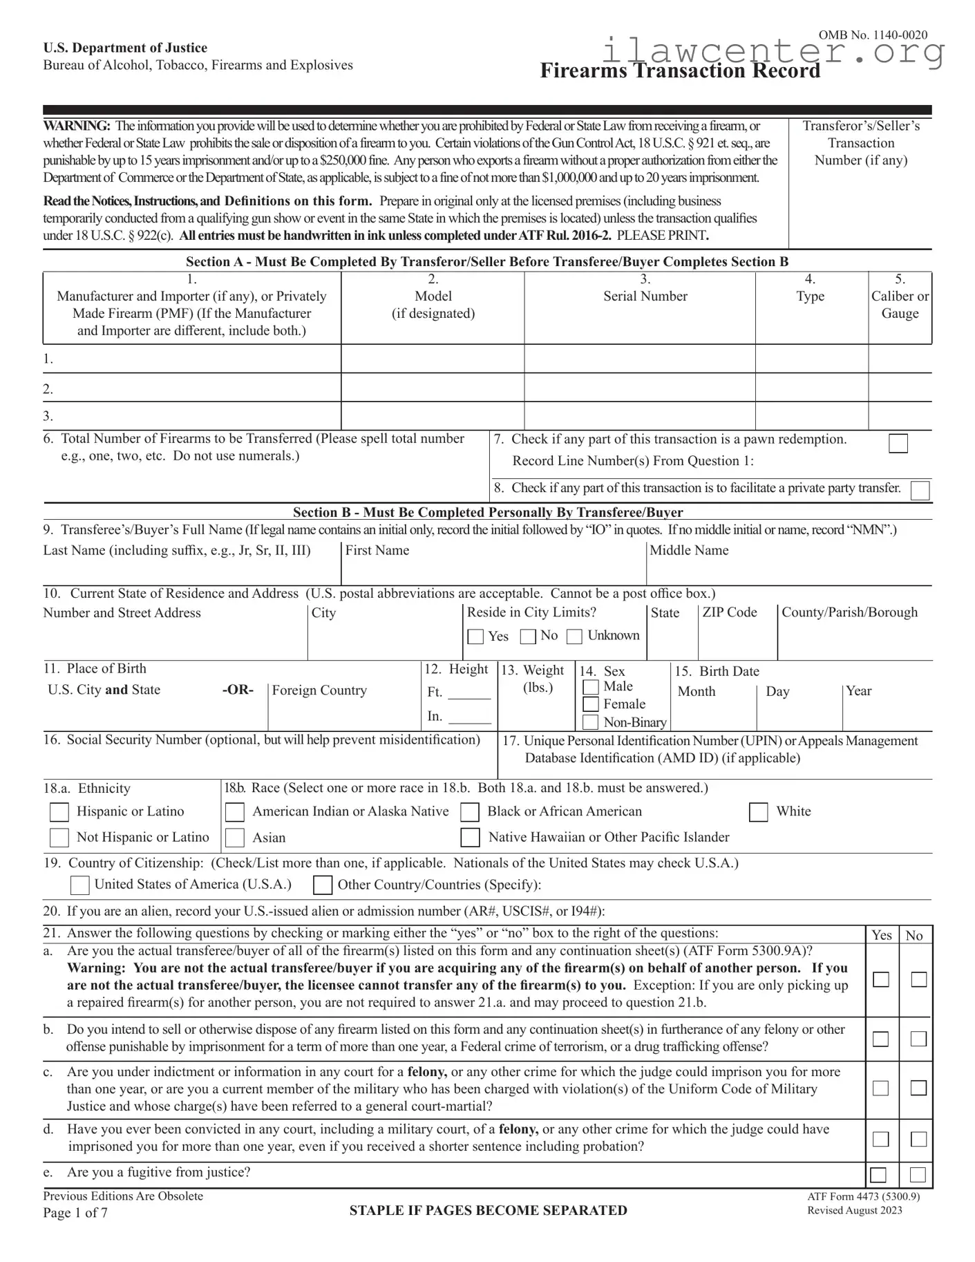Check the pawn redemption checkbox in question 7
898,443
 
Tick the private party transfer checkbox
920,491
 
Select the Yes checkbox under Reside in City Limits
475,637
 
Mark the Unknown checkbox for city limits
574,637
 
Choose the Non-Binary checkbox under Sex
591,722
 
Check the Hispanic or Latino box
59,812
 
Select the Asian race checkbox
235,838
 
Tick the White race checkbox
759,812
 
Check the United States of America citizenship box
80,885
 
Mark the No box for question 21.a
918,979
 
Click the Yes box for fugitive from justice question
878,1175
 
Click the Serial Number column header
645,296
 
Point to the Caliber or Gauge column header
900,305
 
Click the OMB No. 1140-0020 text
873,35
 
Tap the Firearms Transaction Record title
680,71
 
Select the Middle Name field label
689,550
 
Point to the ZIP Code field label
730,612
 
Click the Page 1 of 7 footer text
75,1213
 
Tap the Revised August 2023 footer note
854,1210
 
